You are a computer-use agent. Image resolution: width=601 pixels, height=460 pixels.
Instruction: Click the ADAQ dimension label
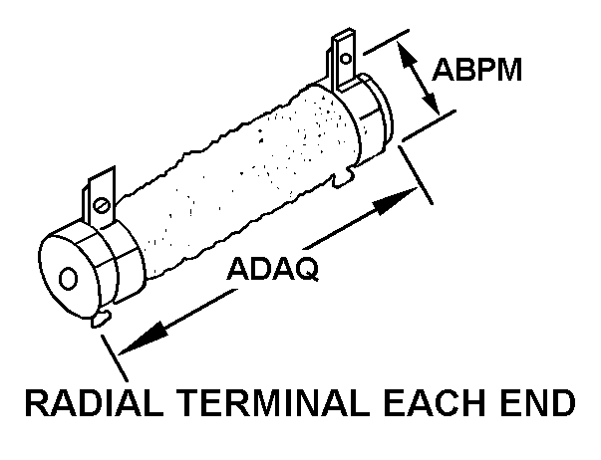[x=273, y=269]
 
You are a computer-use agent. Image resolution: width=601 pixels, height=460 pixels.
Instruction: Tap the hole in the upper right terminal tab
[x=345, y=57]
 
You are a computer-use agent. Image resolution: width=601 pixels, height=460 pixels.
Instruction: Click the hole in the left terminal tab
[x=102, y=205]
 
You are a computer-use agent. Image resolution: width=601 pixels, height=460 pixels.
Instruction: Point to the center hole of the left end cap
[x=68, y=276]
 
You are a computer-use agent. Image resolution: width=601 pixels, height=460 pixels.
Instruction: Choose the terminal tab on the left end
[x=100, y=199]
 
